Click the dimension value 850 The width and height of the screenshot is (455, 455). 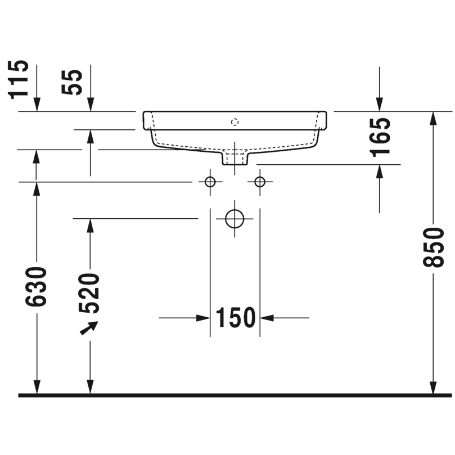click(433, 247)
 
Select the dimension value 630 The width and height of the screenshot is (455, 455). click(36, 286)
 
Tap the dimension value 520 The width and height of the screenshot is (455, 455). click(89, 294)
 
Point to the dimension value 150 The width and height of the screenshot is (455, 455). click(235, 318)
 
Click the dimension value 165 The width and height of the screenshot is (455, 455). click(381, 137)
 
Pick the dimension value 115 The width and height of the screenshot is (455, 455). click(19, 80)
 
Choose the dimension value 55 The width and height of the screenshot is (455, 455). click(71, 82)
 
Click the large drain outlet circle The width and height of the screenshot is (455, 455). click(235, 219)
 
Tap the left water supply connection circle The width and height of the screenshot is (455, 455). click(210, 182)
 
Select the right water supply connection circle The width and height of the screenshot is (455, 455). click(260, 182)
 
